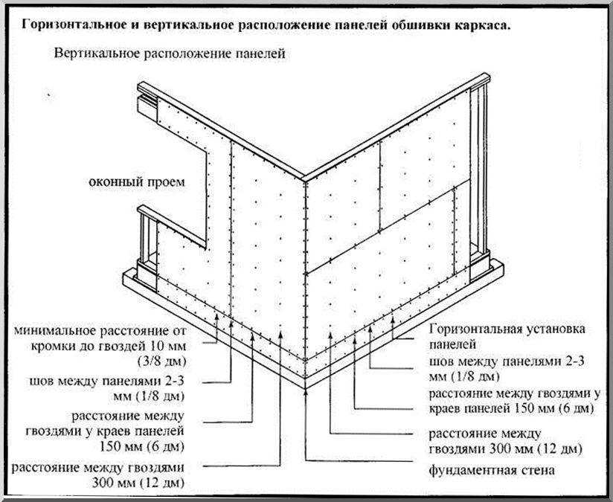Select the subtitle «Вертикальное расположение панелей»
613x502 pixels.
(170, 54)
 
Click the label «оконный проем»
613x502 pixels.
(137, 182)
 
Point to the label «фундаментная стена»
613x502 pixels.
(492, 469)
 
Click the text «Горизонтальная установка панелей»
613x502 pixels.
(507, 336)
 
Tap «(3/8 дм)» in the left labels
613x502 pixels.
(162, 361)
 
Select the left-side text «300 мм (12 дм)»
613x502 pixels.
(138, 483)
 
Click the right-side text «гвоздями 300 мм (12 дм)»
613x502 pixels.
(506, 449)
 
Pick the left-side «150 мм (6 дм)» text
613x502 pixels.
(142, 446)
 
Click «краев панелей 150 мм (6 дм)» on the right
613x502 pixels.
(511, 408)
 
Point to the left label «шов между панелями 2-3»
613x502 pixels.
(106, 381)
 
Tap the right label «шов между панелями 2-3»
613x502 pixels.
(507, 361)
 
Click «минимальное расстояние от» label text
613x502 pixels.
(100, 331)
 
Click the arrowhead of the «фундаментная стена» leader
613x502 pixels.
(305, 392)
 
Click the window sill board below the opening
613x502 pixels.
(172, 227)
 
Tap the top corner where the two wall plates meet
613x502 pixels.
(304, 178)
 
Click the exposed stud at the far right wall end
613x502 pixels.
(479, 176)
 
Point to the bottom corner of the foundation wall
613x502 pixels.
(305, 387)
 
